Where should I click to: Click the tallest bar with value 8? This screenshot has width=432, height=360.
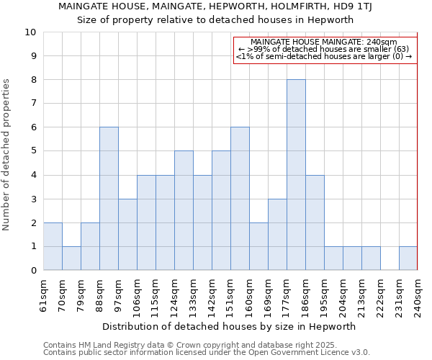296,175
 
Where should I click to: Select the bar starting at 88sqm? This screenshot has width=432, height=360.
109,199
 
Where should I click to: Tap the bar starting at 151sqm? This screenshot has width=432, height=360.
240,199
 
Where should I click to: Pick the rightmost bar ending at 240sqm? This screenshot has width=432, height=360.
408,258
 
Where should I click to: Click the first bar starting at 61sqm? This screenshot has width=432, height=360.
53,246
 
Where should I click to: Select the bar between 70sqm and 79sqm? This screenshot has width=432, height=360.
71,258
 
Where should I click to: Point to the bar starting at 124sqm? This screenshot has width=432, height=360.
184,210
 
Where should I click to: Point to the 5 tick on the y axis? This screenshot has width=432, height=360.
33,151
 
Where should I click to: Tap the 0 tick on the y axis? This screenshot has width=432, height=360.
33,271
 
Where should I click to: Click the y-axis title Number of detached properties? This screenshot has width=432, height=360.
7,155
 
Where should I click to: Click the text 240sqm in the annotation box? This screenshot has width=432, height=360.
382,42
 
